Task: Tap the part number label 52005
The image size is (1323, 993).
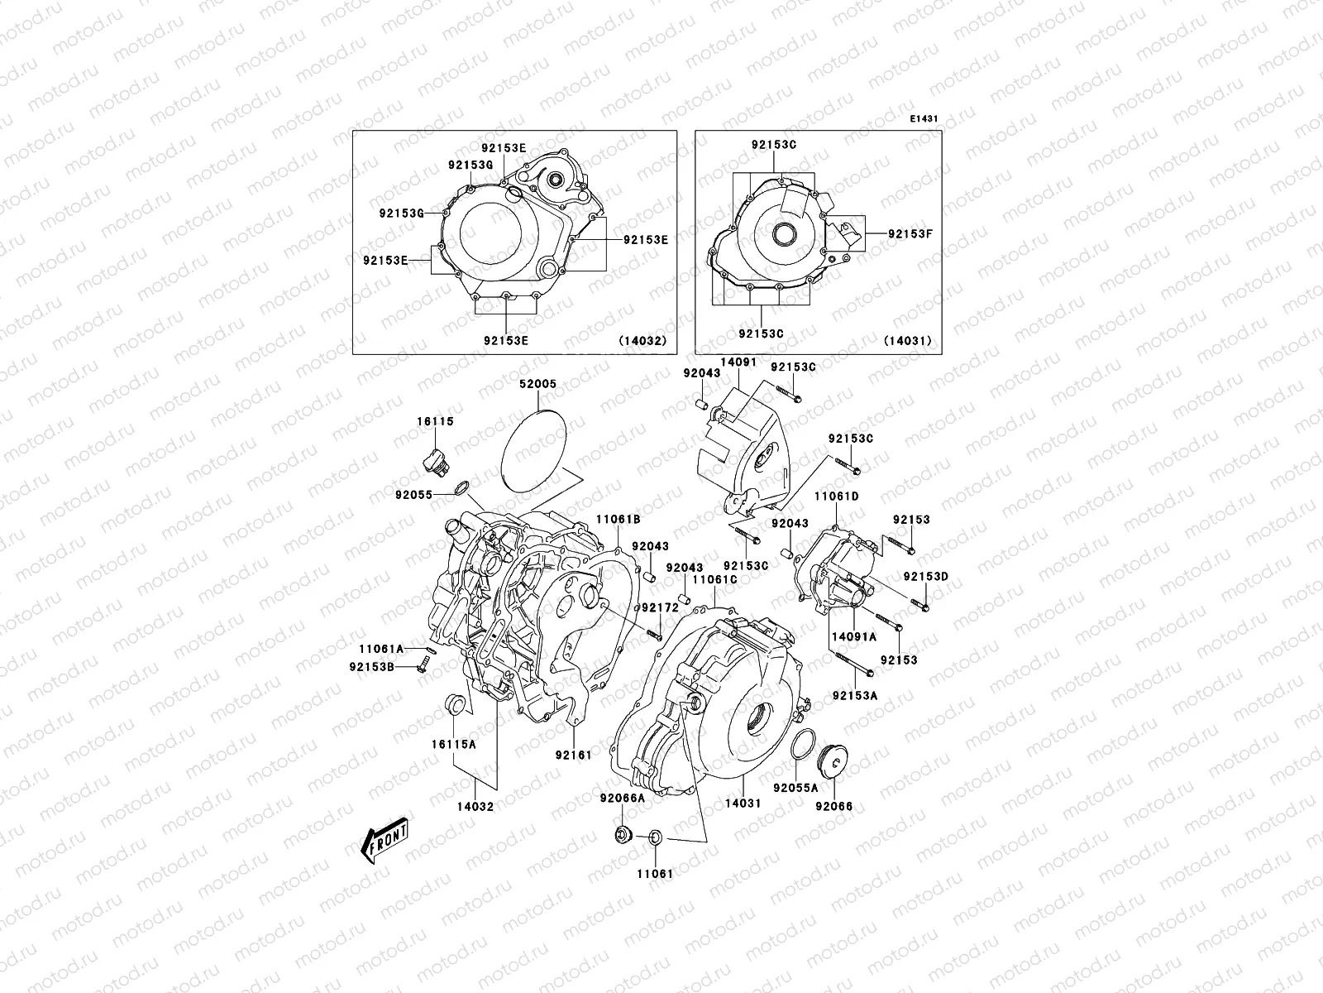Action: [x=537, y=385]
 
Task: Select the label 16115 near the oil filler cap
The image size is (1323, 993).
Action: [x=434, y=421]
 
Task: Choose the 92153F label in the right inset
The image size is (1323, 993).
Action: [x=910, y=233]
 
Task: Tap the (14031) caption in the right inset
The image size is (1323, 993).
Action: [x=907, y=340]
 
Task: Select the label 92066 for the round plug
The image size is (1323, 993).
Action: [x=833, y=805]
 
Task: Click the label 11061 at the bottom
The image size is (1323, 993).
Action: [x=655, y=873]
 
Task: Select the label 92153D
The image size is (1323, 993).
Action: [x=925, y=576]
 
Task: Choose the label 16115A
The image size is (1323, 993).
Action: [x=452, y=744]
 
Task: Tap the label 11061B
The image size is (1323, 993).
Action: [x=619, y=520]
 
